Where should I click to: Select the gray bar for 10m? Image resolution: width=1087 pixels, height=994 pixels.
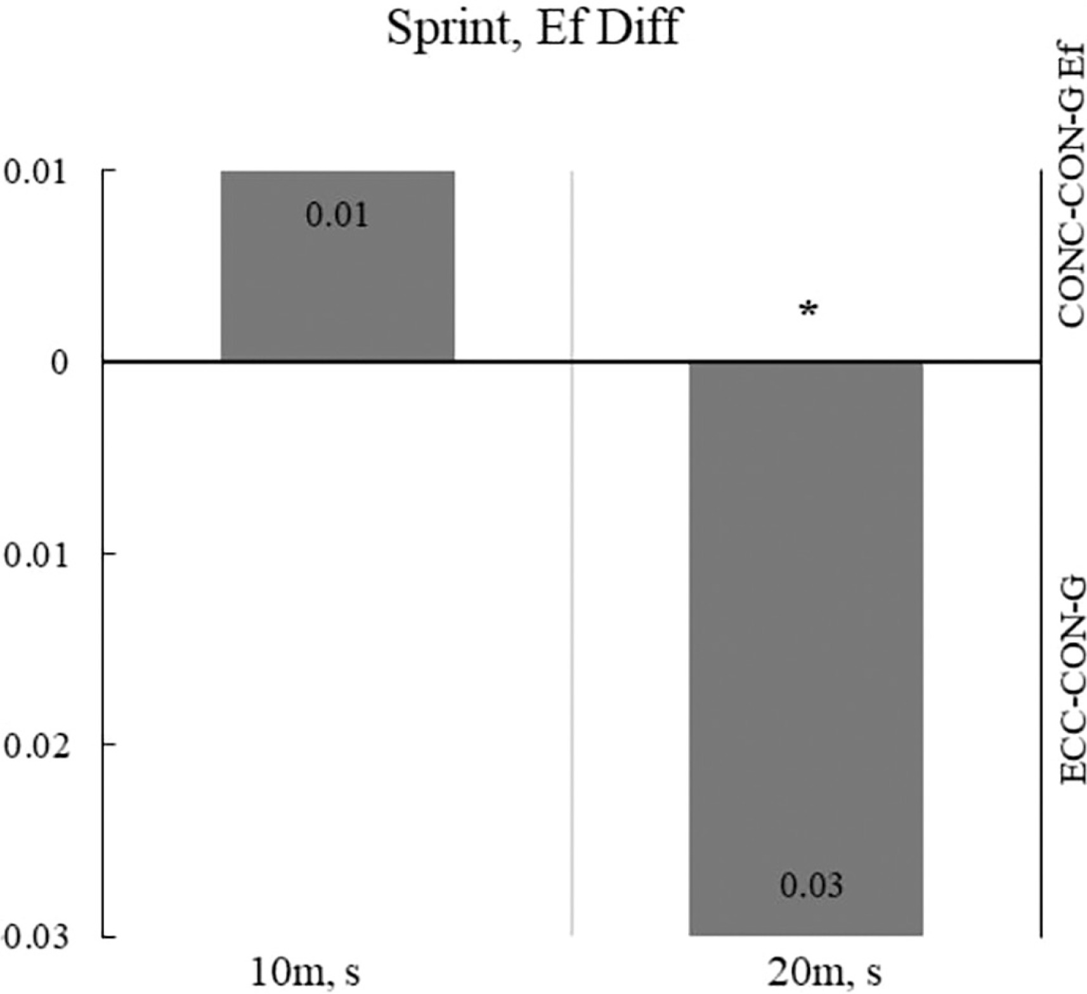(337, 266)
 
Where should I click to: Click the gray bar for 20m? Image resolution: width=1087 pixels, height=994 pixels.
(806, 648)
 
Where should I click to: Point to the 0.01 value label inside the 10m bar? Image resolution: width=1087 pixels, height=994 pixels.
(337, 216)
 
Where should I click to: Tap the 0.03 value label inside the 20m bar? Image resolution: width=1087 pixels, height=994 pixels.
(811, 886)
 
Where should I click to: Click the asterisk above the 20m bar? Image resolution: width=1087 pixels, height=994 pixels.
(808, 311)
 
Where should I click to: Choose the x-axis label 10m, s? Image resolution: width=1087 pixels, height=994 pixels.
(306, 973)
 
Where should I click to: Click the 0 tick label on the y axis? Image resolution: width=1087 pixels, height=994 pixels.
(59, 363)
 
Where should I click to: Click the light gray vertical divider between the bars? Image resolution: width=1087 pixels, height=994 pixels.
(572, 553)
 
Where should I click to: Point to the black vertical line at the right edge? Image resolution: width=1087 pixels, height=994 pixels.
(1041, 553)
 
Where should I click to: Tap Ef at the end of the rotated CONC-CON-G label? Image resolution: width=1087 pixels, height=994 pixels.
(1071, 70)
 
